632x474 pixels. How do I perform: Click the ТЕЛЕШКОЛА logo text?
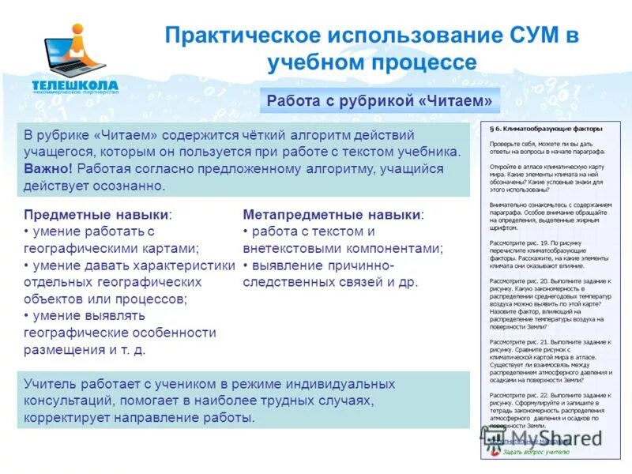pyautogui.click(x=75, y=85)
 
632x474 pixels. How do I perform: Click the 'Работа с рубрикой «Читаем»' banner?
pyautogui.click(x=379, y=101)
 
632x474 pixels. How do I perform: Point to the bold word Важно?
pyautogui.click(x=48, y=168)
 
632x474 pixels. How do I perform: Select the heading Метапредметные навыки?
pyautogui.click(x=333, y=214)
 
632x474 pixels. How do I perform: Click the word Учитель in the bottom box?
pyautogui.click(x=48, y=384)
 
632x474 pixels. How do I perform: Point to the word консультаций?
pyautogui.click(x=70, y=401)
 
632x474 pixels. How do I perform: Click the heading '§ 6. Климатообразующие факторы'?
pyautogui.click(x=546, y=128)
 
